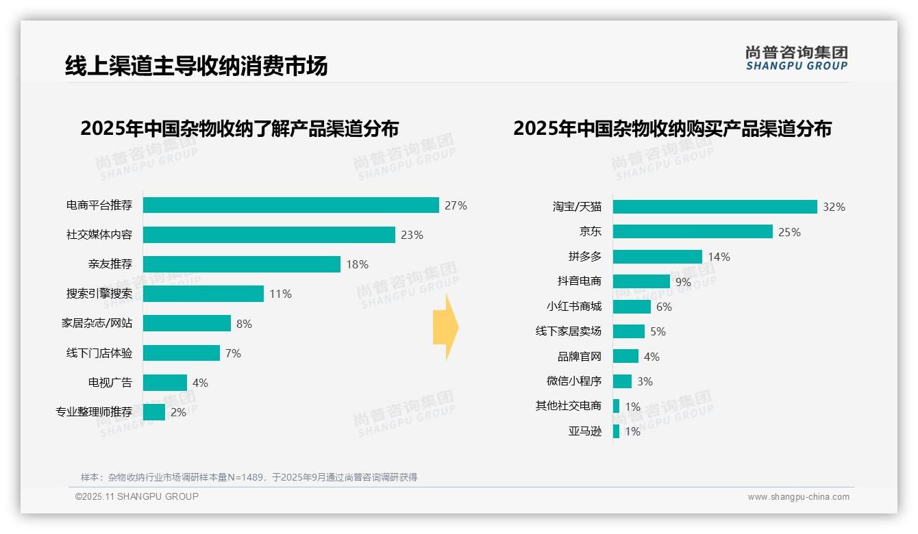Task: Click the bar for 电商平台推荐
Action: coord(290,205)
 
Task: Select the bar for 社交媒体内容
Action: coord(269,235)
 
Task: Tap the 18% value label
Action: coord(357,264)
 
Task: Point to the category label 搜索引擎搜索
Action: coord(99,294)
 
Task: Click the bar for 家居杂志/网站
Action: coord(186,323)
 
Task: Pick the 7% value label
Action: coord(233,353)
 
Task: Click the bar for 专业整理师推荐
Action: coord(154,412)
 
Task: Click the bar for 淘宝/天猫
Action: coord(715,207)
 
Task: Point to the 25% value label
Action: coord(789,232)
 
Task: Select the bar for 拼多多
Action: coord(657,257)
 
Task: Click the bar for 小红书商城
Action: coord(632,307)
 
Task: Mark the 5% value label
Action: coord(658,331)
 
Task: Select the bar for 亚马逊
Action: coord(616,431)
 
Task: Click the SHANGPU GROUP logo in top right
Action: coord(796,58)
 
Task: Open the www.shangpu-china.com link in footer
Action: coord(798,497)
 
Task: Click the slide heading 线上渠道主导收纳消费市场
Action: coord(196,66)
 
